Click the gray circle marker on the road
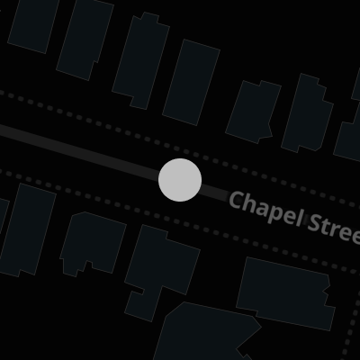point(180,180)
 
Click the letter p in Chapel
point(274,212)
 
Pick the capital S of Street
point(316,223)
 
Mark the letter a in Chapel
point(262,209)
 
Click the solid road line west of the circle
point(79,150)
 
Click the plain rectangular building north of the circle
point(191,82)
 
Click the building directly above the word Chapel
point(253,112)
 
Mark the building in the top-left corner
point(33,24)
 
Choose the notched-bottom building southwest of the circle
point(93,244)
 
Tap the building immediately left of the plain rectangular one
point(140,60)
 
